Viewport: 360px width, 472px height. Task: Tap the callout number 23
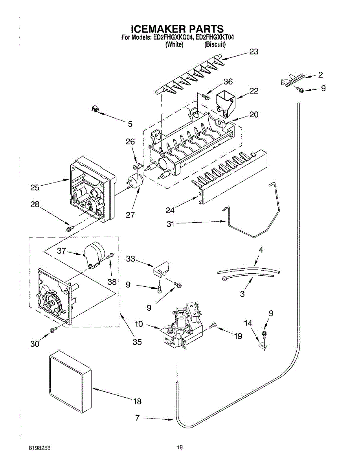point(253,52)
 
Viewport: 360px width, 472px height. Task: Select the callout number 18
point(137,402)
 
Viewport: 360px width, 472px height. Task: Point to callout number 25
point(35,188)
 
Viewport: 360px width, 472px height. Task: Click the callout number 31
point(170,224)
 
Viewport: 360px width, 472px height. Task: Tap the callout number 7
point(137,418)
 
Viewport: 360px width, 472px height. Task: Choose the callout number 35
point(137,342)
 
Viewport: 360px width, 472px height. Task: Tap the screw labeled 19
point(213,325)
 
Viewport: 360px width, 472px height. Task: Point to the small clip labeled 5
point(94,109)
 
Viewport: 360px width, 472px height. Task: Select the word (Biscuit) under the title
point(215,44)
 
